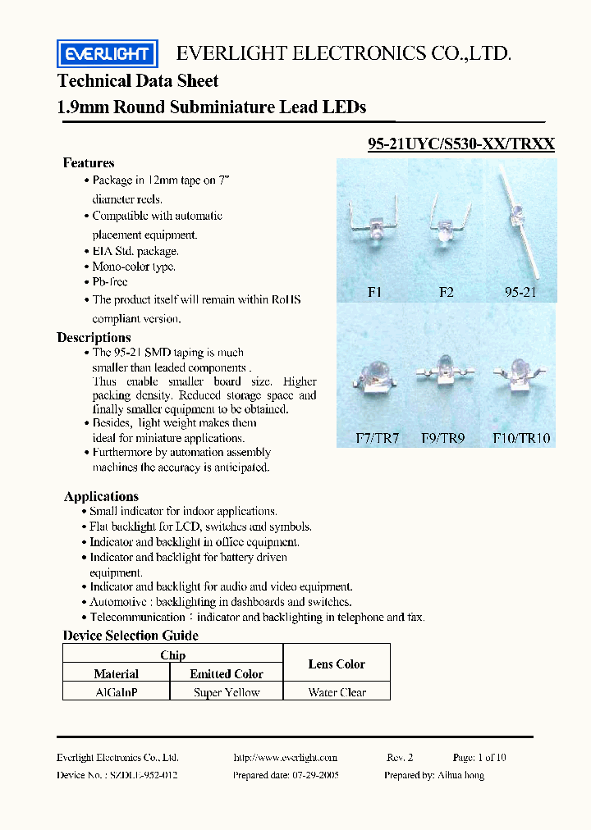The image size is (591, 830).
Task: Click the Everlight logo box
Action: (x=107, y=54)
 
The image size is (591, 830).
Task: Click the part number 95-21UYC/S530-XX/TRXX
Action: (x=461, y=144)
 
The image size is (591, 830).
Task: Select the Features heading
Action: (x=89, y=162)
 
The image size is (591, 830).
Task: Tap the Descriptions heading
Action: (x=94, y=337)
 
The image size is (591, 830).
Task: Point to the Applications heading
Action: (x=101, y=496)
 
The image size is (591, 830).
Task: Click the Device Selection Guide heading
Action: (x=131, y=636)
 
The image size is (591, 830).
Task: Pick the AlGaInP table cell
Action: (x=116, y=692)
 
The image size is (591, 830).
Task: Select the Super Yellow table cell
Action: (x=227, y=692)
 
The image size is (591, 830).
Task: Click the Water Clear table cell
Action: (x=337, y=692)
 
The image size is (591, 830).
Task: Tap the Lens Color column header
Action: (x=337, y=664)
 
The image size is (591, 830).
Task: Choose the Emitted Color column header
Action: (x=227, y=674)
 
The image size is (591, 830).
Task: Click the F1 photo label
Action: (x=374, y=291)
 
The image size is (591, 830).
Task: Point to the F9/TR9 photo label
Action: (x=442, y=438)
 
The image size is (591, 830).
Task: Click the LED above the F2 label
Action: (x=444, y=225)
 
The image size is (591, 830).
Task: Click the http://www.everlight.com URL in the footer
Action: (x=285, y=757)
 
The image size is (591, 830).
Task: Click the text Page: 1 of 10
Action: (x=479, y=757)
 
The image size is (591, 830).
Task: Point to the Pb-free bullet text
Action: (x=110, y=282)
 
